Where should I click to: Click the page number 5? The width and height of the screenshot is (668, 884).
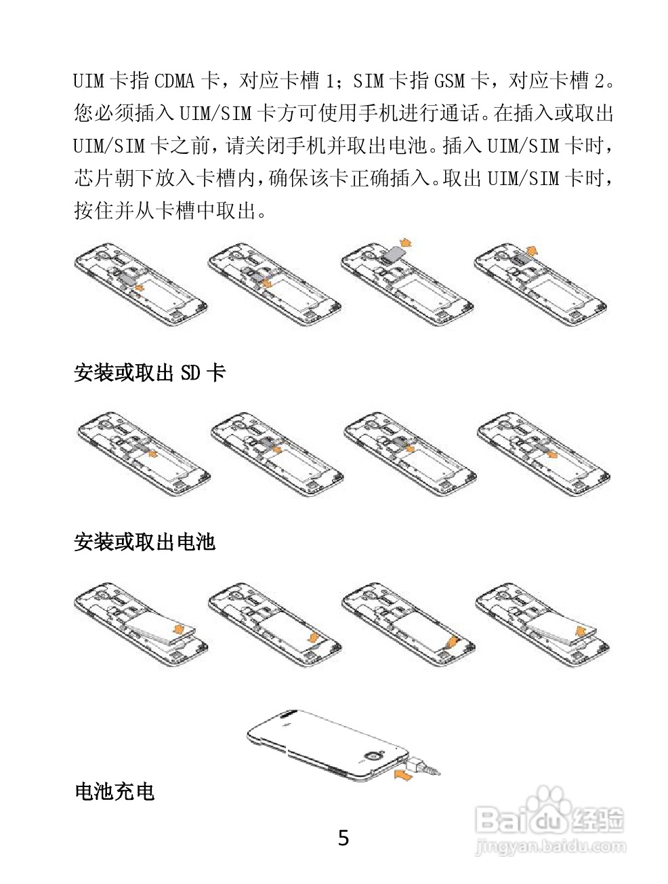tap(343, 839)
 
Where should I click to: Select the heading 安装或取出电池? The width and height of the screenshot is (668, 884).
tap(144, 542)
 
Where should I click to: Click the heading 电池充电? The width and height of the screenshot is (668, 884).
tap(114, 791)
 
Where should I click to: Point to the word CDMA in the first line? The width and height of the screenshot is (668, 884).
tap(175, 82)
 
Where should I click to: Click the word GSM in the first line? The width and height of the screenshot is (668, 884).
tap(448, 82)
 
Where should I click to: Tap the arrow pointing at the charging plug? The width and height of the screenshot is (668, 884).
tap(402, 774)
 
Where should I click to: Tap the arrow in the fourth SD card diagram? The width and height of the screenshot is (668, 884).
tap(552, 454)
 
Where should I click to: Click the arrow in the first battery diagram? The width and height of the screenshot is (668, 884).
tap(180, 628)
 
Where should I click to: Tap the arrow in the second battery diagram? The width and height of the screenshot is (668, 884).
tap(312, 638)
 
